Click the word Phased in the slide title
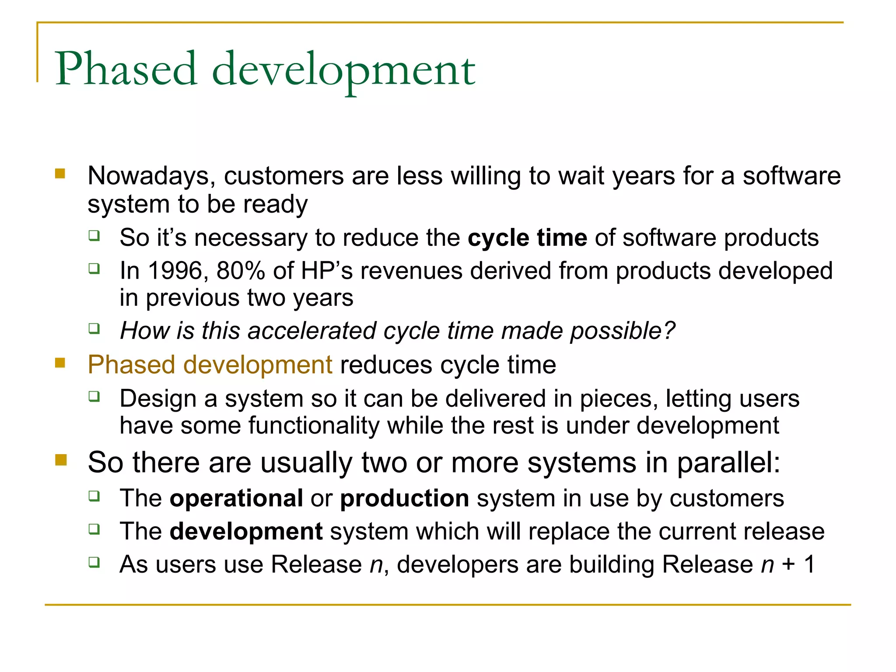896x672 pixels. (x=126, y=69)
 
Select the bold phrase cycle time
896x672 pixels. (x=527, y=238)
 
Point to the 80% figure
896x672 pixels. (x=240, y=271)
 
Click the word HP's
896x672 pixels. (x=326, y=271)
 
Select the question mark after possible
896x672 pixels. (x=669, y=331)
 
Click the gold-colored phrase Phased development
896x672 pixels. (x=210, y=365)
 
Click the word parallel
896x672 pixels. (x=728, y=463)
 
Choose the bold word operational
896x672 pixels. (x=236, y=498)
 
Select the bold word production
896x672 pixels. (x=405, y=498)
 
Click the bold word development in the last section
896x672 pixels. (x=246, y=532)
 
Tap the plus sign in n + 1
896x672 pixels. (x=789, y=564)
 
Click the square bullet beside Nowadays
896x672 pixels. (x=60, y=175)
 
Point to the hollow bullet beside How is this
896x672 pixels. (x=94, y=328)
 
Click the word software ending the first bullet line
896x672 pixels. (x=791, y=176)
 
